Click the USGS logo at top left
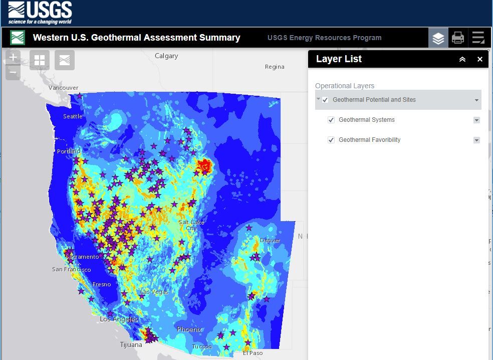tap(40, 13)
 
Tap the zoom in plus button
tap(13, 57)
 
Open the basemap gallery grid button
tap(40, 60)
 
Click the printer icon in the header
tap(458, 38)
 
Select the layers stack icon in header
tap(438, 38)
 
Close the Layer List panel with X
tap(479, 59)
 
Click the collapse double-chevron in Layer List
tap(462, 59)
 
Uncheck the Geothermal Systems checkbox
tap(331, 120)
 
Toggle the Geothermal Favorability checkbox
tap(331, 140)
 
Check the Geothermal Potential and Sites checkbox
tap(325, 100)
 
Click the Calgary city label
tap(166, 56)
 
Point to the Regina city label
tap(275, 67)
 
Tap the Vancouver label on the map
tap(64, 88)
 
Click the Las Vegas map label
tap(154, 292)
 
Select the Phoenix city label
tap(189, 329)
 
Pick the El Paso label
tap(253, 353)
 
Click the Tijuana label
tap(131, 344)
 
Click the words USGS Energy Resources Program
tap(324, 38)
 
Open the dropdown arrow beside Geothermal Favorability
tap(476, 140)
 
